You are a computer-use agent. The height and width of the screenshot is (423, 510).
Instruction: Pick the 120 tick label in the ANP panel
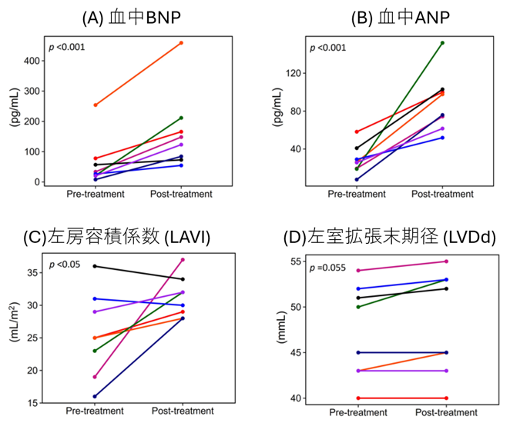[291, 74]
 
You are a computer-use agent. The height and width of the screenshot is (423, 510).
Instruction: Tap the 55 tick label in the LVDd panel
[297, 262]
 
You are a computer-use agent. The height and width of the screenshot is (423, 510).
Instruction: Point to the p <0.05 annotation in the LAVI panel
[64, 265]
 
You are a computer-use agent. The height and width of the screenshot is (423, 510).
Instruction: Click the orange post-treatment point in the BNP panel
[181, 43]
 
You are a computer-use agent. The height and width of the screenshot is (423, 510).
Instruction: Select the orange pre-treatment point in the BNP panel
[96, 105]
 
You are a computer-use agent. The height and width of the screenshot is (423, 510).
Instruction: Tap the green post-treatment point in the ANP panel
[442, 43]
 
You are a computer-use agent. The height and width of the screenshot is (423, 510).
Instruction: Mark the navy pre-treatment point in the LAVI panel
[96, 396]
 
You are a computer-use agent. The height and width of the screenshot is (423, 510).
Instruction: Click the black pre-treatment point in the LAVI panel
[96, 266]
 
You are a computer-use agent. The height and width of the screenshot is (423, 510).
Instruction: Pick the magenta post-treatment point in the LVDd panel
[446, 261]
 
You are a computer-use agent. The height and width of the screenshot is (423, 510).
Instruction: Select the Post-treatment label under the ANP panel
[442, 195]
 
